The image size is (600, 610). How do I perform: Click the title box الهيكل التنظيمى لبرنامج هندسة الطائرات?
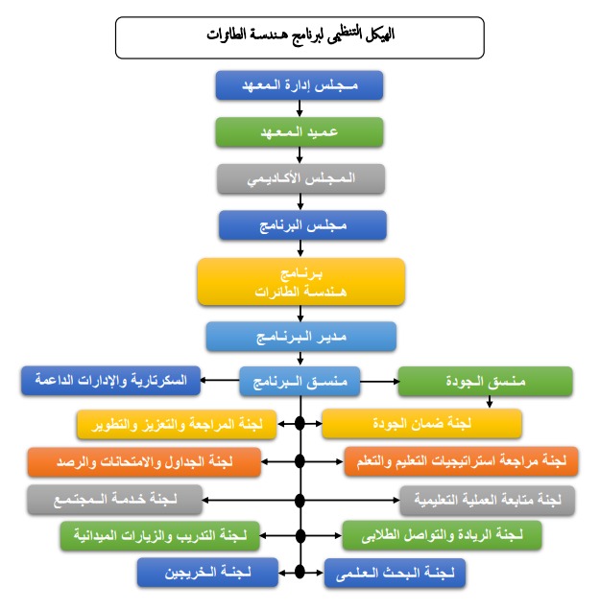(300, 37)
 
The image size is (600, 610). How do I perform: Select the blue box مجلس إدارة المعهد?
(300, 85)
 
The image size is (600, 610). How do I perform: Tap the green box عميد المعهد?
(300, 132)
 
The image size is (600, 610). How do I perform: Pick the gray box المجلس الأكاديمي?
(301, 178)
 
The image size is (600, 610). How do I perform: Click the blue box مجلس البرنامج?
(302, 225)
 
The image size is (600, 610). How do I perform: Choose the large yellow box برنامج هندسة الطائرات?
(301, 282)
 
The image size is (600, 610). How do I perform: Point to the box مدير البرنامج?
(301, 337)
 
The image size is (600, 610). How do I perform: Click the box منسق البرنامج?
(300, 382)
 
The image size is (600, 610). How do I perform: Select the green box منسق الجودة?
(485, 382)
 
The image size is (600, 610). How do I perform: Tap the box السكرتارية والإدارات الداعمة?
(111, 381)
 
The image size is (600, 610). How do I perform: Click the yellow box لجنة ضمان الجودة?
(421, 424)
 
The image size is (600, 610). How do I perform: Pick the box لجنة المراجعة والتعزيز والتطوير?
(177, 425)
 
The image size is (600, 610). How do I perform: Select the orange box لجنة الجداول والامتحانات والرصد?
(144, 462)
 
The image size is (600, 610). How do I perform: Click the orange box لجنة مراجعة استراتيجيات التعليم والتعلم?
(461, 461)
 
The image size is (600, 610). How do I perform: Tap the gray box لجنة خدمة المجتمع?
(115, 500)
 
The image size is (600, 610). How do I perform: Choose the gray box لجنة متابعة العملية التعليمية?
(488, 501)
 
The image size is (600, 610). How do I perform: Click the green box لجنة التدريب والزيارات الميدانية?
(160, 536)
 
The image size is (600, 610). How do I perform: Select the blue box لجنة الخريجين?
(207, 573)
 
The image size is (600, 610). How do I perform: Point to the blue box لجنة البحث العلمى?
(395, 573)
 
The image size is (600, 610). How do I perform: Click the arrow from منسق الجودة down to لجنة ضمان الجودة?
(490, 402)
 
